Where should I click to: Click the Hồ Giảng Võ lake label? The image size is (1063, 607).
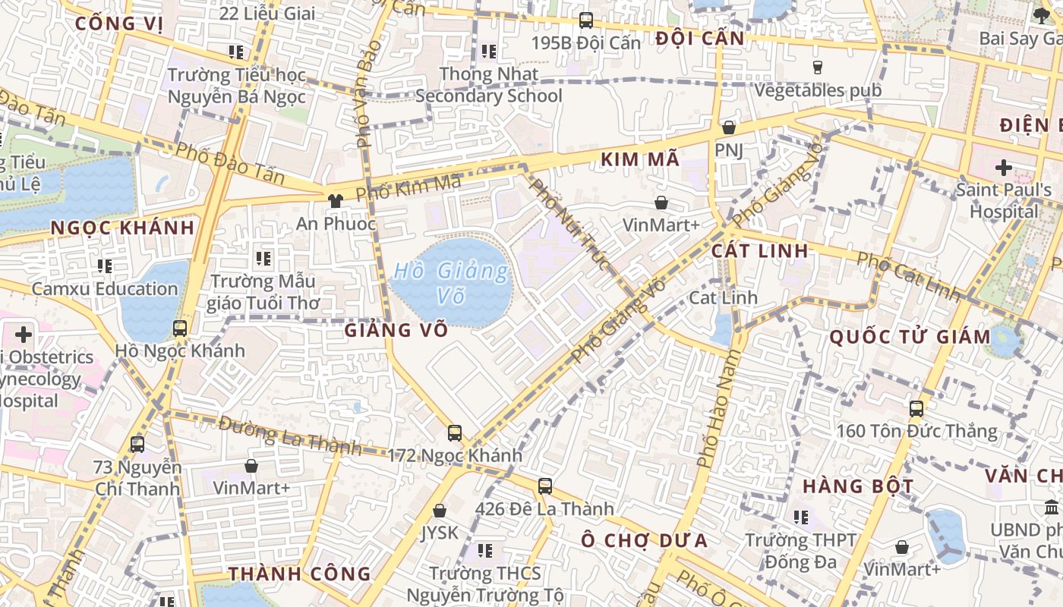coord(451,282)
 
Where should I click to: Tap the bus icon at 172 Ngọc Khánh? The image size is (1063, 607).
coord(455,433)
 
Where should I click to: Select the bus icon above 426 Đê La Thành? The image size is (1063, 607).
coord(545,486)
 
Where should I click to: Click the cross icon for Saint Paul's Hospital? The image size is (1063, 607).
coord(1004,167)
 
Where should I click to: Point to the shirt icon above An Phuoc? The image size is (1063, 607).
coord(335,201)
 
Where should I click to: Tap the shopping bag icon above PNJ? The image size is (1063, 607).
coord(729,127)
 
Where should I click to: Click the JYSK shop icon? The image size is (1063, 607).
coord(439,511)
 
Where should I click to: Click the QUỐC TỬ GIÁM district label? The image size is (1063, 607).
coord(910,337)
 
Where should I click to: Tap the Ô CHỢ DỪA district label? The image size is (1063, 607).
coord(645,540)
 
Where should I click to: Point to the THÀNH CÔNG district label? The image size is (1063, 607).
coord(299,574)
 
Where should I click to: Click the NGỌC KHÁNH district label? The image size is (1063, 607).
coord(122,228)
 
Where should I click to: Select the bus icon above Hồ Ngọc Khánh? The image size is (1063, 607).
coord(180,329)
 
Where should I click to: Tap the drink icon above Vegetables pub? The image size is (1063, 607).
coord(818,68)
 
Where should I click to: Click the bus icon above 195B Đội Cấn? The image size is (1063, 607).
coord(585,20)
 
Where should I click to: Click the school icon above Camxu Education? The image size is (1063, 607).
coord(105,266)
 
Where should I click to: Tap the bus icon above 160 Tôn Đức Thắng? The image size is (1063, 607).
coord(916,409)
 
